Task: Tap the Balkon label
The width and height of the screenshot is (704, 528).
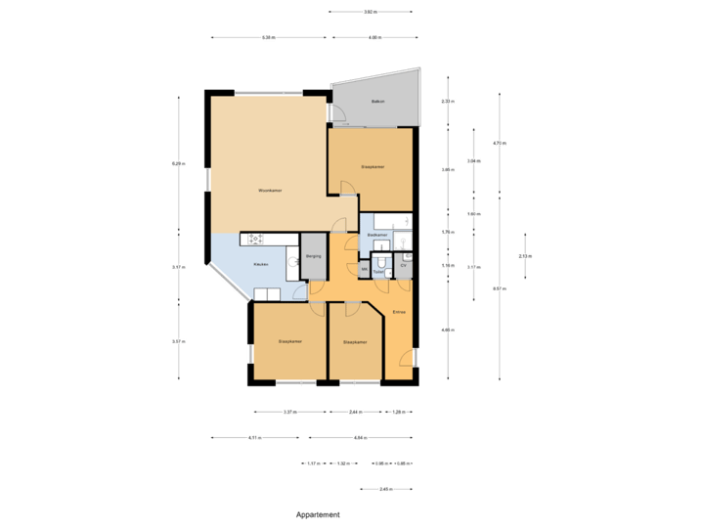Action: pos(376,102)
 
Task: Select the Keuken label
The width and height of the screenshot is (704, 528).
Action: pos(261,264)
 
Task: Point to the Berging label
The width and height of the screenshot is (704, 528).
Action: pos(314,256)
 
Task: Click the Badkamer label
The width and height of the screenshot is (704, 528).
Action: pos(376,237)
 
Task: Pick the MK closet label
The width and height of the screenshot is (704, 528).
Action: pos(365,268)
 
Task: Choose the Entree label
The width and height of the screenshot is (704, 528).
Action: pos(398,312)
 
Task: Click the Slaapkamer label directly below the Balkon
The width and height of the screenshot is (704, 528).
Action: pos(372,167)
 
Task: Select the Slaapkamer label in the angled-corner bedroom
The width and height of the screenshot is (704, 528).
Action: pos(354,343)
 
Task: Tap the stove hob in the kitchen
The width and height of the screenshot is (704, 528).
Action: pos(257,238)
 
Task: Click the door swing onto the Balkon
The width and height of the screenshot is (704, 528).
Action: pos(338,116)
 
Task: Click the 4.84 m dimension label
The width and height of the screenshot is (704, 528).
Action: pos(360,437)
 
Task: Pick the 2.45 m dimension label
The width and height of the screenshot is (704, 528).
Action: pos(384,488)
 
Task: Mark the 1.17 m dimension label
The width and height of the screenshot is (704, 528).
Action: pos(314,463)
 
